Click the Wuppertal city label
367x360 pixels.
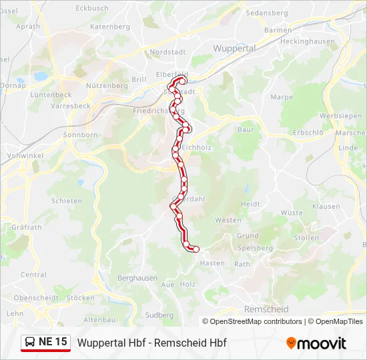(234, 49)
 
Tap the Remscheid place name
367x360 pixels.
(266, 309)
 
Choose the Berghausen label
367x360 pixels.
(137, 278)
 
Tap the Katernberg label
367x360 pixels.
(109, 27)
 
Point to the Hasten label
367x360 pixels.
(212, 263)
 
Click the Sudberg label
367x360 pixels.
(159, 315)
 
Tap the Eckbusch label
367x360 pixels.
(92, 8)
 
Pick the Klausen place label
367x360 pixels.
(325, 207)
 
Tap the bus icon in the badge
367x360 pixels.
(30, 343)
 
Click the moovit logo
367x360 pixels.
(316, 343)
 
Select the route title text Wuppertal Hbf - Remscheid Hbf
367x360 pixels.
(152, 343)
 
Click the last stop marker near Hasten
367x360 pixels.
(196, 249)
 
